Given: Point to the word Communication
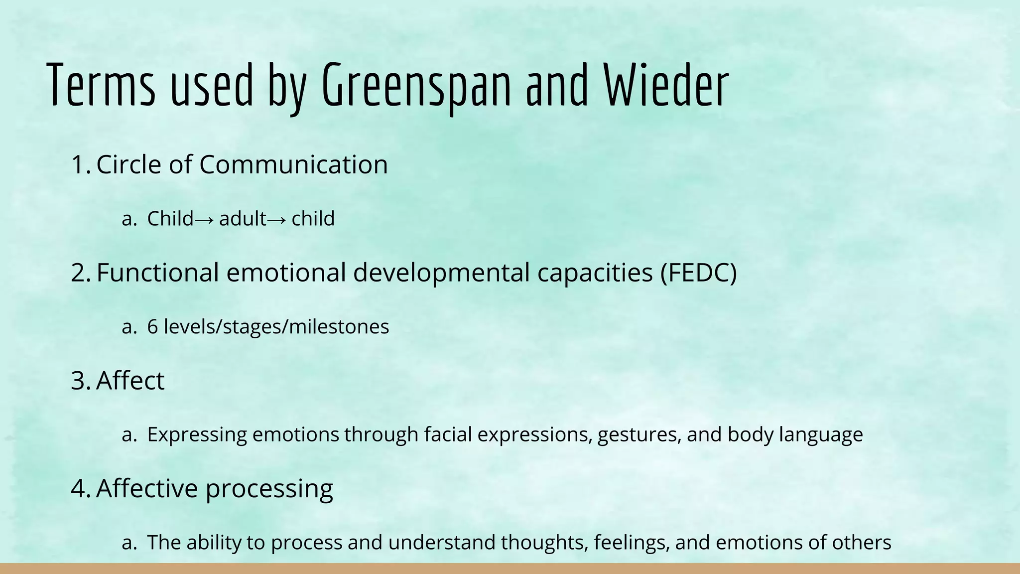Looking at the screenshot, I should point(293,165).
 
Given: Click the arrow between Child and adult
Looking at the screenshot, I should point(205,219).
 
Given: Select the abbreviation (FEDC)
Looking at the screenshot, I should point(698,273).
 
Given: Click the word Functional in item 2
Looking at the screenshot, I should point(157,273).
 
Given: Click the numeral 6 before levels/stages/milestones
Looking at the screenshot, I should point(152,327).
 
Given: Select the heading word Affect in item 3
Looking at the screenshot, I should point(130,381).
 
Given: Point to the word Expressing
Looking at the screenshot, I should point(197,434).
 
